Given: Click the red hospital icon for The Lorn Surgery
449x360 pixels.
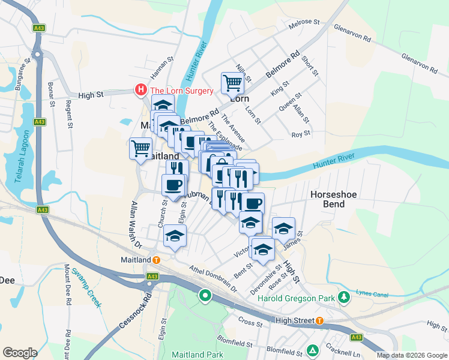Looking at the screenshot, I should pyautogui.click(x=140, y=91).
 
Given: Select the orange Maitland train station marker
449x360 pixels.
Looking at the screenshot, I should pyautogui.click(x=156, y=260).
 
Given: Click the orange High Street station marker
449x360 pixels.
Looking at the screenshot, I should pyautogui.click(x=319, y=320).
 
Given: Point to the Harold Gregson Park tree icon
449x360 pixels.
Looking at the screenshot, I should pyautogui.click(x=343, y=297).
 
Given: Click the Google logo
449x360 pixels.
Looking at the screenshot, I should pyautogui.click(x=20, y=353).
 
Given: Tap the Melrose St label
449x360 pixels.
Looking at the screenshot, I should pyautogui.click(x=304, y=22).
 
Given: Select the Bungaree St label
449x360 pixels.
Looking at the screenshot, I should pyautogui.click(x=23, y=74).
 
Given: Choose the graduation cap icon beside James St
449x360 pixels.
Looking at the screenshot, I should pyautogui.click(x=284, y=229).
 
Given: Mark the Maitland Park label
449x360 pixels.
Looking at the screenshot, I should pyautogui.click(x=197, y=355).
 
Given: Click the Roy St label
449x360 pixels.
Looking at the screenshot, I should pyautogui.click(x=300, y=134).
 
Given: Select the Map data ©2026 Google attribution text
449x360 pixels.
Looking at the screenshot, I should pyautogui.click(x=411, y=355).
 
